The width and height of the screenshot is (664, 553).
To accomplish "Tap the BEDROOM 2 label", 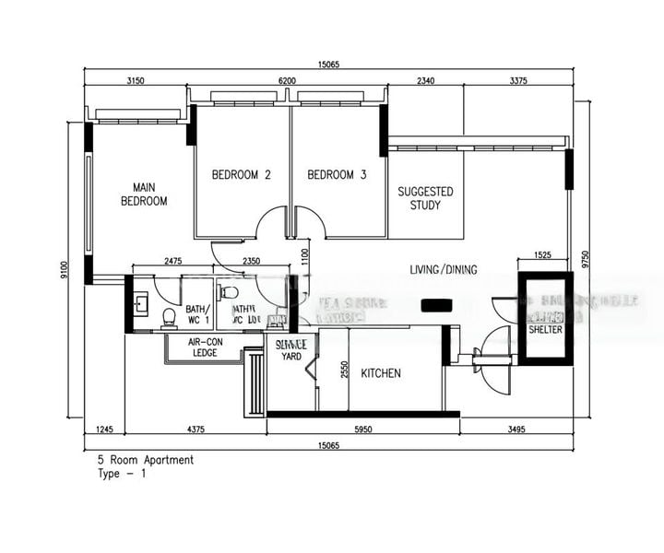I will coord(241,175).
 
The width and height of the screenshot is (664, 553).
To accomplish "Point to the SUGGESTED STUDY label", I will coord(425,198).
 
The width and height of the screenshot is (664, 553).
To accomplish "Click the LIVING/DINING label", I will coord(444,270).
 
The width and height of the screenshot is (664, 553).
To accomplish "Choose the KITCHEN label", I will coord(381,373).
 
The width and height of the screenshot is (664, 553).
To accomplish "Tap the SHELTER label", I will coord(546,330).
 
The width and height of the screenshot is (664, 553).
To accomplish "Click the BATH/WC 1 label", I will coord(197,314).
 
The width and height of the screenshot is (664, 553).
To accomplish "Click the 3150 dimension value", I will coord(136,81).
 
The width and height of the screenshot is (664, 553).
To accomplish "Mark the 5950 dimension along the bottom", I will coord(362,429).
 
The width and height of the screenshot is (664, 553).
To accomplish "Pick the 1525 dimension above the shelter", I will coord(542,254).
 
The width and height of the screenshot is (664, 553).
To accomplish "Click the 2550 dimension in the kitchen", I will coord(343,369).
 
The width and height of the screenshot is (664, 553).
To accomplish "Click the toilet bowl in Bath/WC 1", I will coord(169,317).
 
